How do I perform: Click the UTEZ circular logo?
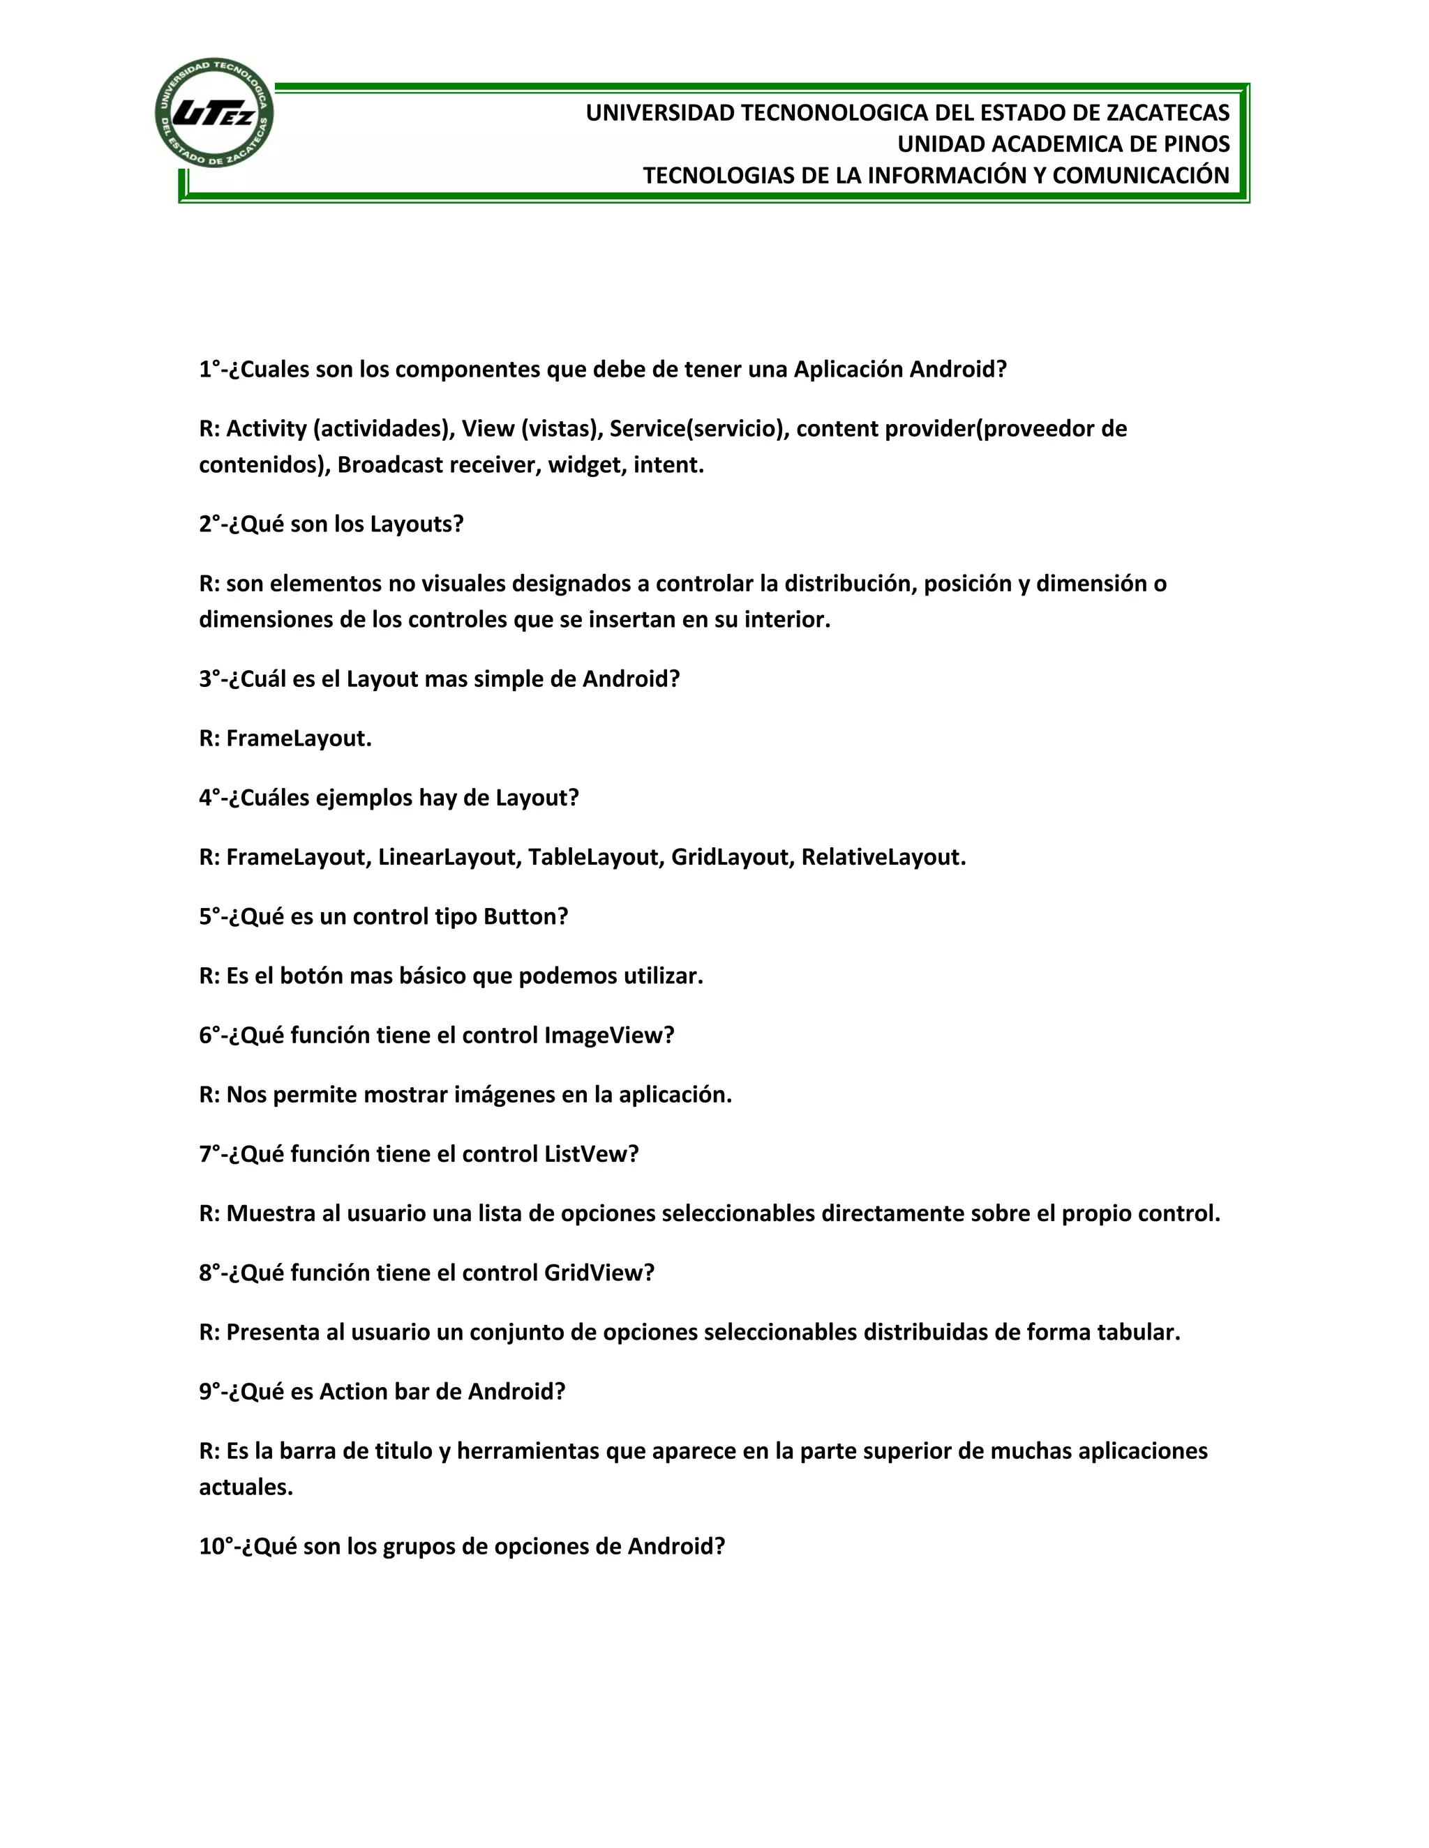pyautogui.click(x=214, y=112)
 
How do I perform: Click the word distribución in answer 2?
pyautogui.click(x=849, y=584)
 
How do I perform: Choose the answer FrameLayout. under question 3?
pyautogui.click(x=299, y=739)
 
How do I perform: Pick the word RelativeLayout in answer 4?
pyautogui.click(x=883, y=857)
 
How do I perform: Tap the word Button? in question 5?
pyautogui.click(x=525, y=916)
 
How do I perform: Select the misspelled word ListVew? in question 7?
pyautogui.click(x=591, y=1154)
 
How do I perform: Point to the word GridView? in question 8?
pyautogui.click(x=599, y=1273)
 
